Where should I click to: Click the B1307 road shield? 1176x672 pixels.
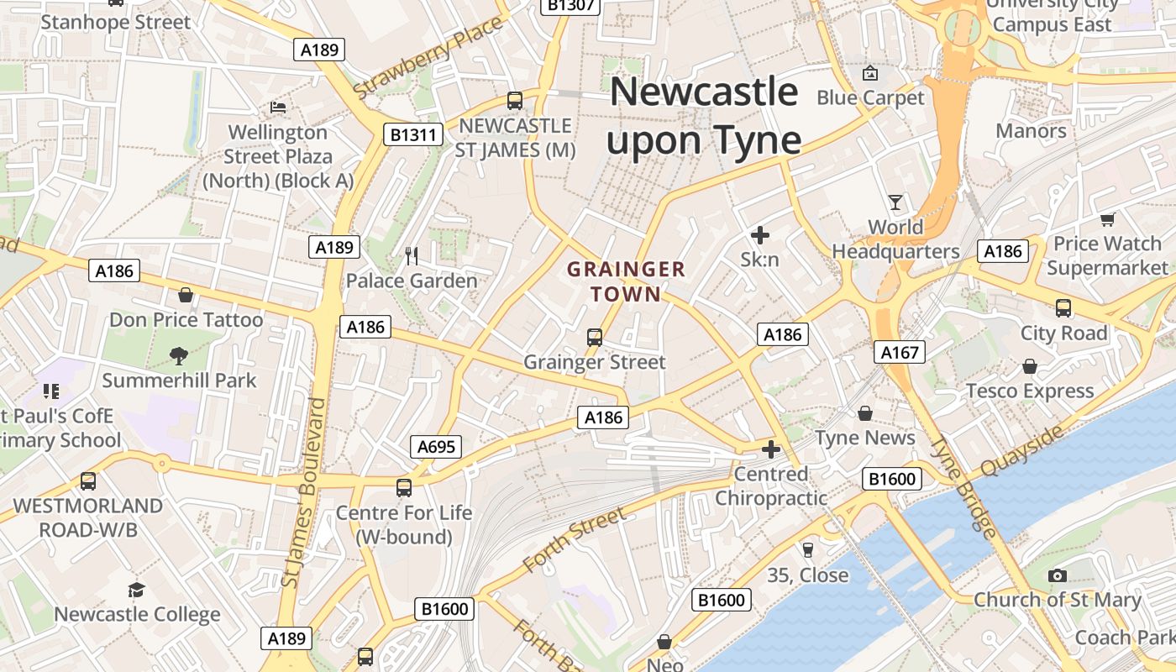click(570, 5)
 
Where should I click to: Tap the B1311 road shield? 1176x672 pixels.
click(413, 134)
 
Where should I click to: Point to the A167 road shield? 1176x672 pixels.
click(900, 352)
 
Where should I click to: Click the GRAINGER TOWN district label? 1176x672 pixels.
click(626, 281)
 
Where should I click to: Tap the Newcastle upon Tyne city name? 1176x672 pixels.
click(704, 115)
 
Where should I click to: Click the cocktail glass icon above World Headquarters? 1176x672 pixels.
click(895, 202)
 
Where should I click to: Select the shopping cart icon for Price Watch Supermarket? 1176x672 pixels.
click(1107, 219)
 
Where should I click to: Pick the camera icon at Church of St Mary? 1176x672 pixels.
click(1057, 575)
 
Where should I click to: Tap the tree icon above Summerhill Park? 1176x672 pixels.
click(178, 356)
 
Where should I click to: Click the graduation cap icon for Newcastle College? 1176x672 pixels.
click(136, 590)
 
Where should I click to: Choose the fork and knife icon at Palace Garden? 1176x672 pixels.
click(412, 256)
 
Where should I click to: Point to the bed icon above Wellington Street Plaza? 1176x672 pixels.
click(278, 108)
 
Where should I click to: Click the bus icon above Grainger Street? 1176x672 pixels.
click(595, 338)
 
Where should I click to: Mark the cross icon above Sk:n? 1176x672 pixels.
click(759, 235)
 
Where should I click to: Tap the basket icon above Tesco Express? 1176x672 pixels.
click(1030, 366)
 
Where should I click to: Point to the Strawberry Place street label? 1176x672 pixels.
click(428, 56)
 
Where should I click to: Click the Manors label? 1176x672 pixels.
click(1031, 131)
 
